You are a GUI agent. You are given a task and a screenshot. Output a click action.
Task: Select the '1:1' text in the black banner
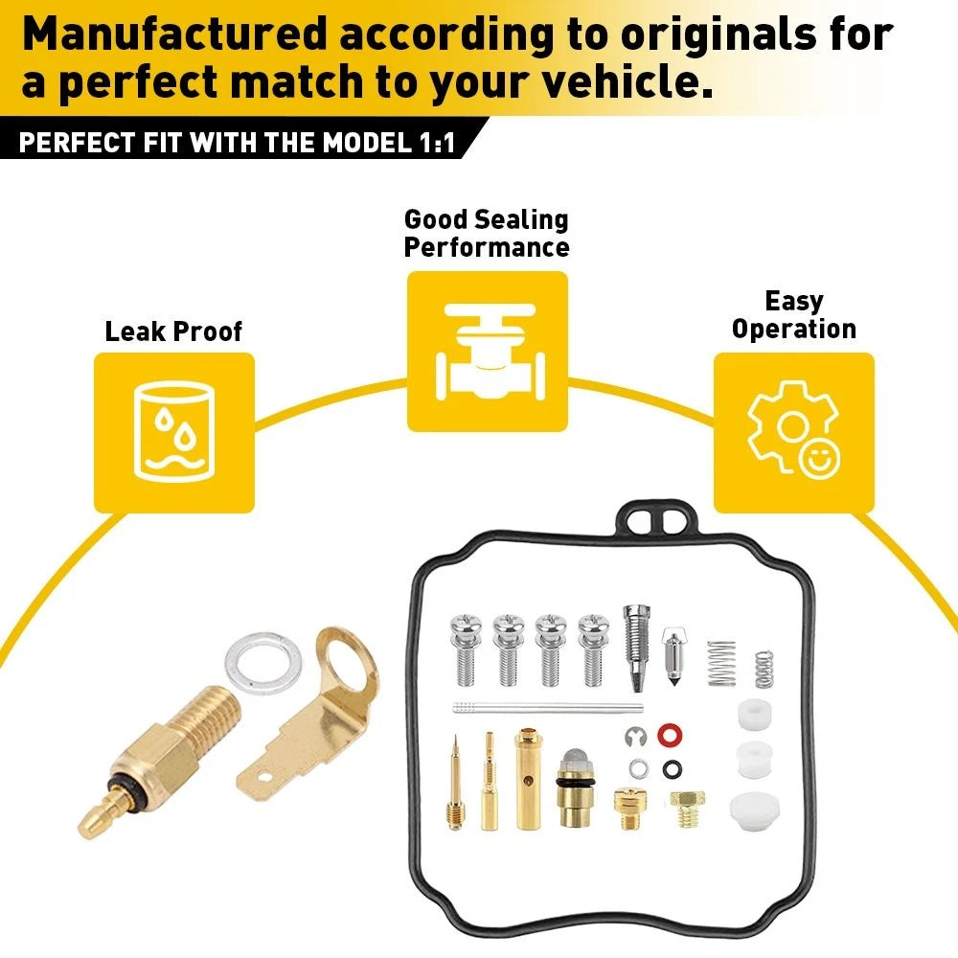pos(438,143)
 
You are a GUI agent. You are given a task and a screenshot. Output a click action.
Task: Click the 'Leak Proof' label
pos(173,331)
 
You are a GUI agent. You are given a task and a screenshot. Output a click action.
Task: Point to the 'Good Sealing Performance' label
pos(487,234)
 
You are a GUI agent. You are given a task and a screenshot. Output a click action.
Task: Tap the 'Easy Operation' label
pos(793,315)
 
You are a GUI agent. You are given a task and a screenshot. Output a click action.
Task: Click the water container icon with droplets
pos(174,432)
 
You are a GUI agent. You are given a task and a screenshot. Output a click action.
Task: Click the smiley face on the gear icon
pos(819,458)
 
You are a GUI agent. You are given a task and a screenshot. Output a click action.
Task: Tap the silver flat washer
pos(263,664)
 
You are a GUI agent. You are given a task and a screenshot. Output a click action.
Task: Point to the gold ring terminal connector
pos(308,715)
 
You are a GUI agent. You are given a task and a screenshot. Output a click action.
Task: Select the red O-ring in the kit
pos(670,735)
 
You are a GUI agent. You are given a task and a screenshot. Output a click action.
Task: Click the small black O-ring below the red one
pos(672,769)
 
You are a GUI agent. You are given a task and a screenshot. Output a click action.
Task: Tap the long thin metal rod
pos(548,708)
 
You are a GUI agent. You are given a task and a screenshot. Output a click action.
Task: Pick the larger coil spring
pos(721,664)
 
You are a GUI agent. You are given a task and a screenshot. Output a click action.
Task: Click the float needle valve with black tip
pos(673,657)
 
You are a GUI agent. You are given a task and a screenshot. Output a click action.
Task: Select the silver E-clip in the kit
pos(635,737)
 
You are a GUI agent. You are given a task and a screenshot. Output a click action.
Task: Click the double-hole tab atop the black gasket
pos(655,519)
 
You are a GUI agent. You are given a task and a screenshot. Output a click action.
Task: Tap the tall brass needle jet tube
pos(529,778)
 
